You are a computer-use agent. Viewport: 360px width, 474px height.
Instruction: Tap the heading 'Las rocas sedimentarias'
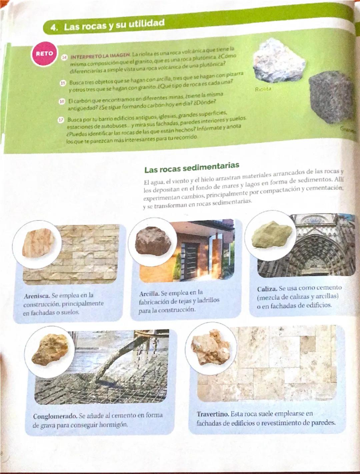point(192,167)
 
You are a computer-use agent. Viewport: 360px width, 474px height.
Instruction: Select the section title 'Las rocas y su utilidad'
point(114,25)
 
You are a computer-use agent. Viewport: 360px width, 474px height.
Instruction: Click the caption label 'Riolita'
point(263,89)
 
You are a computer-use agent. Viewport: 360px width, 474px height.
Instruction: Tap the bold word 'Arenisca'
point(37,296)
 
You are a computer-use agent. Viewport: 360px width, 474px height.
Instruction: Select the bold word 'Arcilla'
point(149,294)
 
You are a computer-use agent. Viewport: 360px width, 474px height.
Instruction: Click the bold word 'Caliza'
point(267,288)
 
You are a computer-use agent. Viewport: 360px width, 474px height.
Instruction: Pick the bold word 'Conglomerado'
point(55,416)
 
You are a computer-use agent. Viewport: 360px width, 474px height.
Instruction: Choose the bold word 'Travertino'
point(212,414)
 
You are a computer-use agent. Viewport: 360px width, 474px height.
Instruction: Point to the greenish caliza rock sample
point(272,234)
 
